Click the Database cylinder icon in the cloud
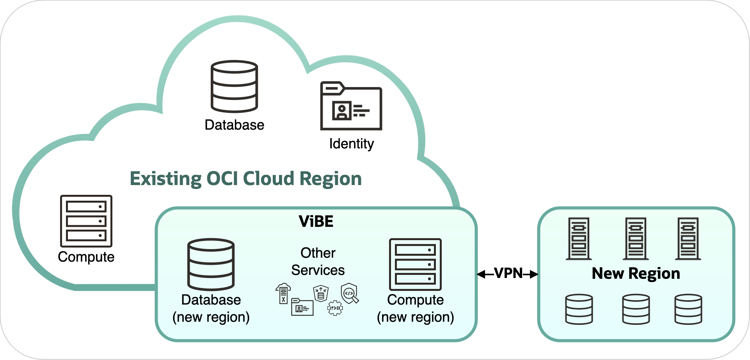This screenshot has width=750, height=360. [x=234, y=86]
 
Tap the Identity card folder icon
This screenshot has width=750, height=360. [x=351, y=106]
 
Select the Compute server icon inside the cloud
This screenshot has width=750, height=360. [x=86, y=221]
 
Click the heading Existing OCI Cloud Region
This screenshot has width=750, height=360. [x=245, y=179]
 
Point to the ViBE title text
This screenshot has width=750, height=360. [x=316, y=221]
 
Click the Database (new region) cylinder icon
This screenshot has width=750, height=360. [x=211, y=264]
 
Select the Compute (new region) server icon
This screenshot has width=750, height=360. [x=415, y=264]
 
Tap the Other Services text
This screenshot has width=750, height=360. [x=318, y=261]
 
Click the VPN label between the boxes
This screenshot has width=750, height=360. [x=508, y=273]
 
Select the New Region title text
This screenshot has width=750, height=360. [x=636, y=273]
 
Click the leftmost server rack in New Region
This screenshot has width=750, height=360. [x=579, y=239]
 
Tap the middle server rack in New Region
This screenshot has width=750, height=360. [x=636, y=239]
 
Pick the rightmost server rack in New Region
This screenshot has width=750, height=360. [x=688, y=239]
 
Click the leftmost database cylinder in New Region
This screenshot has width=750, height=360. [x=579, y=309]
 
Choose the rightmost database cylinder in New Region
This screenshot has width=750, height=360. [x=688, y=309]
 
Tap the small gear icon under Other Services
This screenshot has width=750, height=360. [x=335, y=308]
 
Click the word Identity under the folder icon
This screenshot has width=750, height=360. [x=351, y=144]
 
